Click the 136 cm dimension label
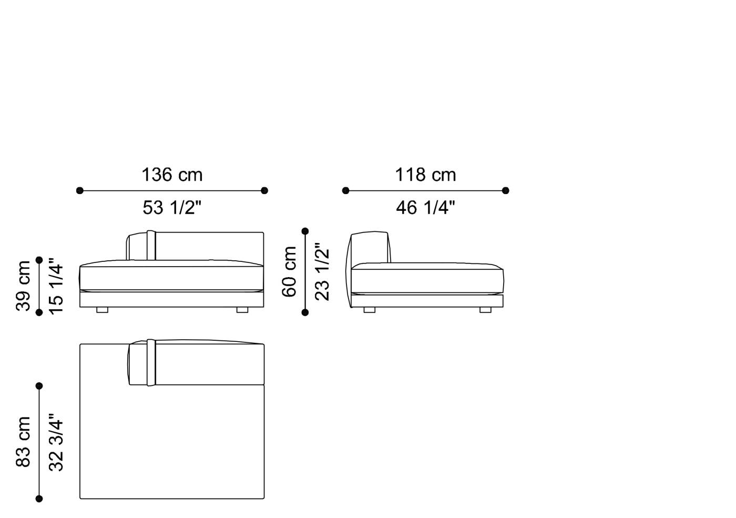click(x=172, y=175)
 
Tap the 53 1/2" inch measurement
click(x=172, y=208)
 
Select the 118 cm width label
click(x=425, y=175)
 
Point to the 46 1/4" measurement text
click(x=425, y=208)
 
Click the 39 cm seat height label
click(x=24, y=286)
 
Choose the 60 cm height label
click(x=290, y=271)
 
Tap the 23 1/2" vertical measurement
click(x=321, y=271)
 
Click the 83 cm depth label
click(x=24, y=442)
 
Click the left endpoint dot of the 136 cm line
click(x=80, y=190)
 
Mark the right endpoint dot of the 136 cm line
click(x=264, y=190)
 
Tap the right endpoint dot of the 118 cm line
click(x=506, y=190)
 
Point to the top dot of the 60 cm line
click(x=305, y=231)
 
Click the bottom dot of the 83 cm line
click(x=39, y=499)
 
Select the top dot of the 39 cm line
click(x=39, y=260)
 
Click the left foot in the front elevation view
click(x=102, y=310)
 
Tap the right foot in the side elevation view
click(x=485, y=310)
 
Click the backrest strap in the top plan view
click(x=151, y=363)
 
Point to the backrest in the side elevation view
click(x=370, y=247)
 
